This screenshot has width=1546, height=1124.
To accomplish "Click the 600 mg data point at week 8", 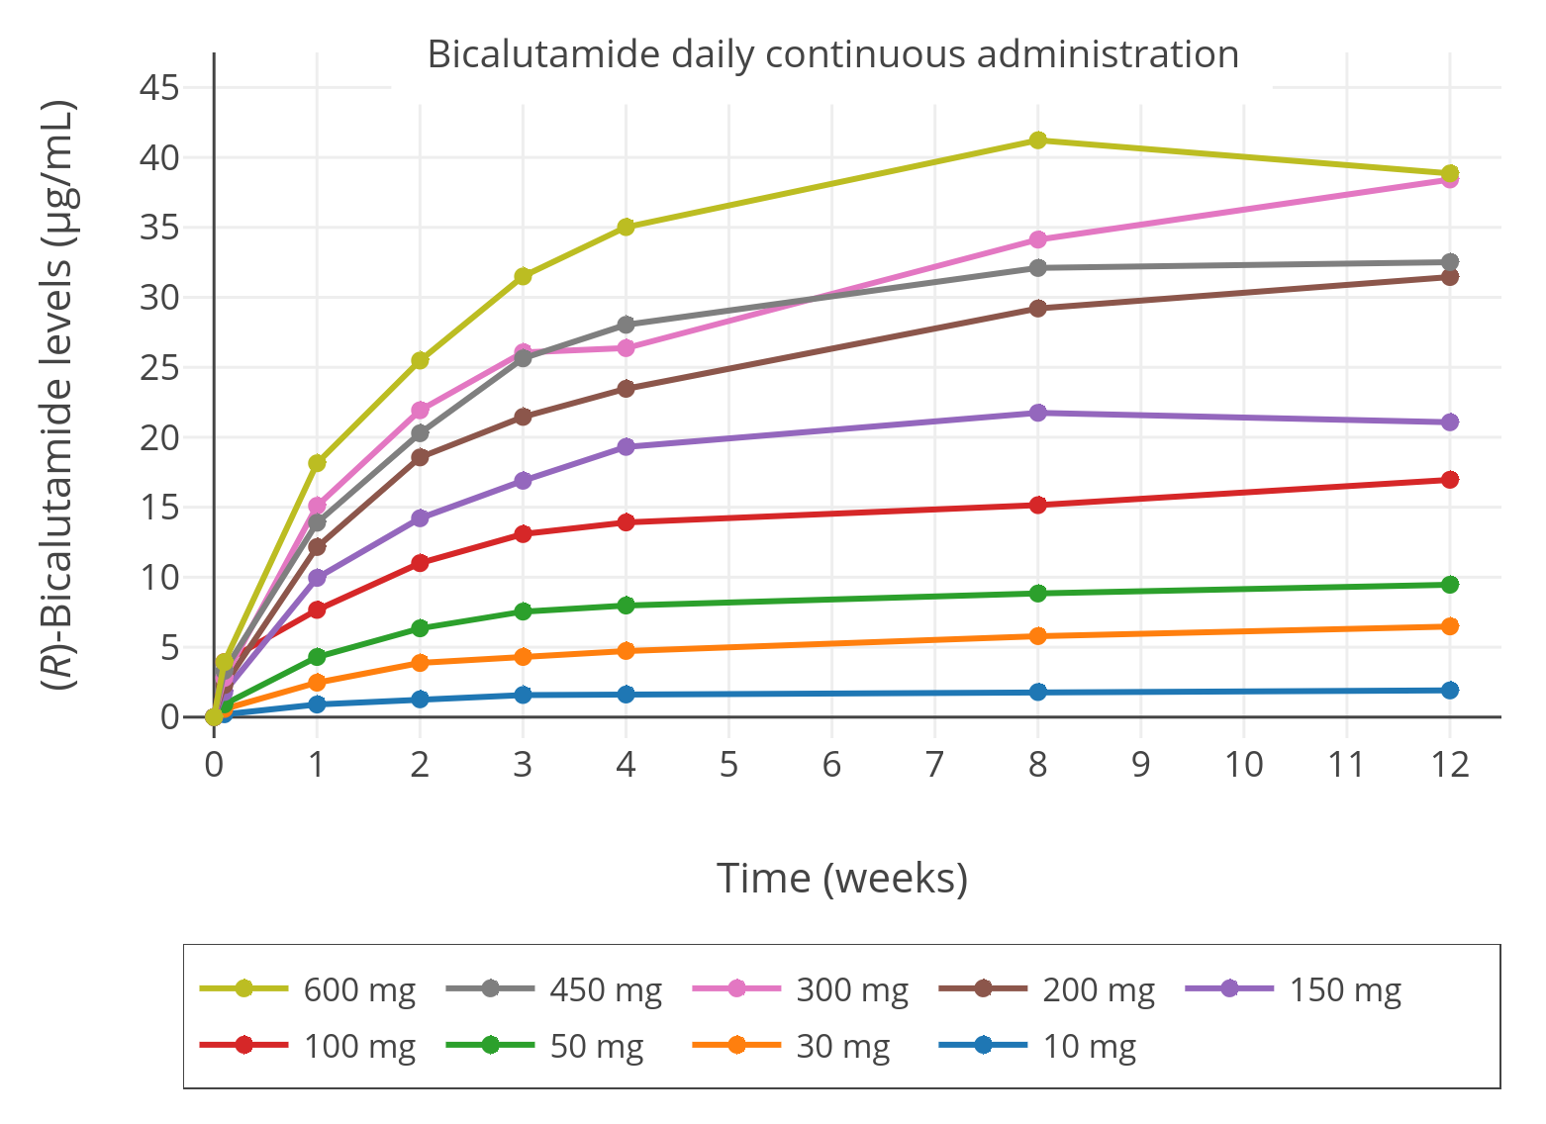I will (1037, 140).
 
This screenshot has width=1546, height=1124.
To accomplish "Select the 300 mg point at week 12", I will (1450, 179).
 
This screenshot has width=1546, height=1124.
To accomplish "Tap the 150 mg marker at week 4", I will (626, 447).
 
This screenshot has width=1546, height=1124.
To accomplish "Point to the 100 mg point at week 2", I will (420, 563).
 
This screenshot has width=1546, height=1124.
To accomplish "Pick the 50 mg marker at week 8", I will (1037, 594).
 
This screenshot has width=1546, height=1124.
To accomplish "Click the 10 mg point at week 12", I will (1450, 690).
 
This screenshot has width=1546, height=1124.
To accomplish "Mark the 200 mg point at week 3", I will (523, 417).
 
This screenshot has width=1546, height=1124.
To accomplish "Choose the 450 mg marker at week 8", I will (1037, 268).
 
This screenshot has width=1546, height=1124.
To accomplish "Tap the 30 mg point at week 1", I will (317, 682).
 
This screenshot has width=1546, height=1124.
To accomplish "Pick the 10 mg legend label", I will (1089, 1046).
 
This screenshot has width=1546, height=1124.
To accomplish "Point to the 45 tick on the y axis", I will (159, 88).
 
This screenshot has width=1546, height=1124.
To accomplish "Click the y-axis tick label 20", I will (159, 437).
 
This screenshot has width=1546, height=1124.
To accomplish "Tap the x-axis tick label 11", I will (1346, 765).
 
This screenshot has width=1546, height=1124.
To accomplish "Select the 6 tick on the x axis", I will (831, 765).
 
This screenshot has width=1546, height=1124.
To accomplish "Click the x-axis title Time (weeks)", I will (841, 878).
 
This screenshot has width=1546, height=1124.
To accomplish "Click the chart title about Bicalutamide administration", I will (832, 53).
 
